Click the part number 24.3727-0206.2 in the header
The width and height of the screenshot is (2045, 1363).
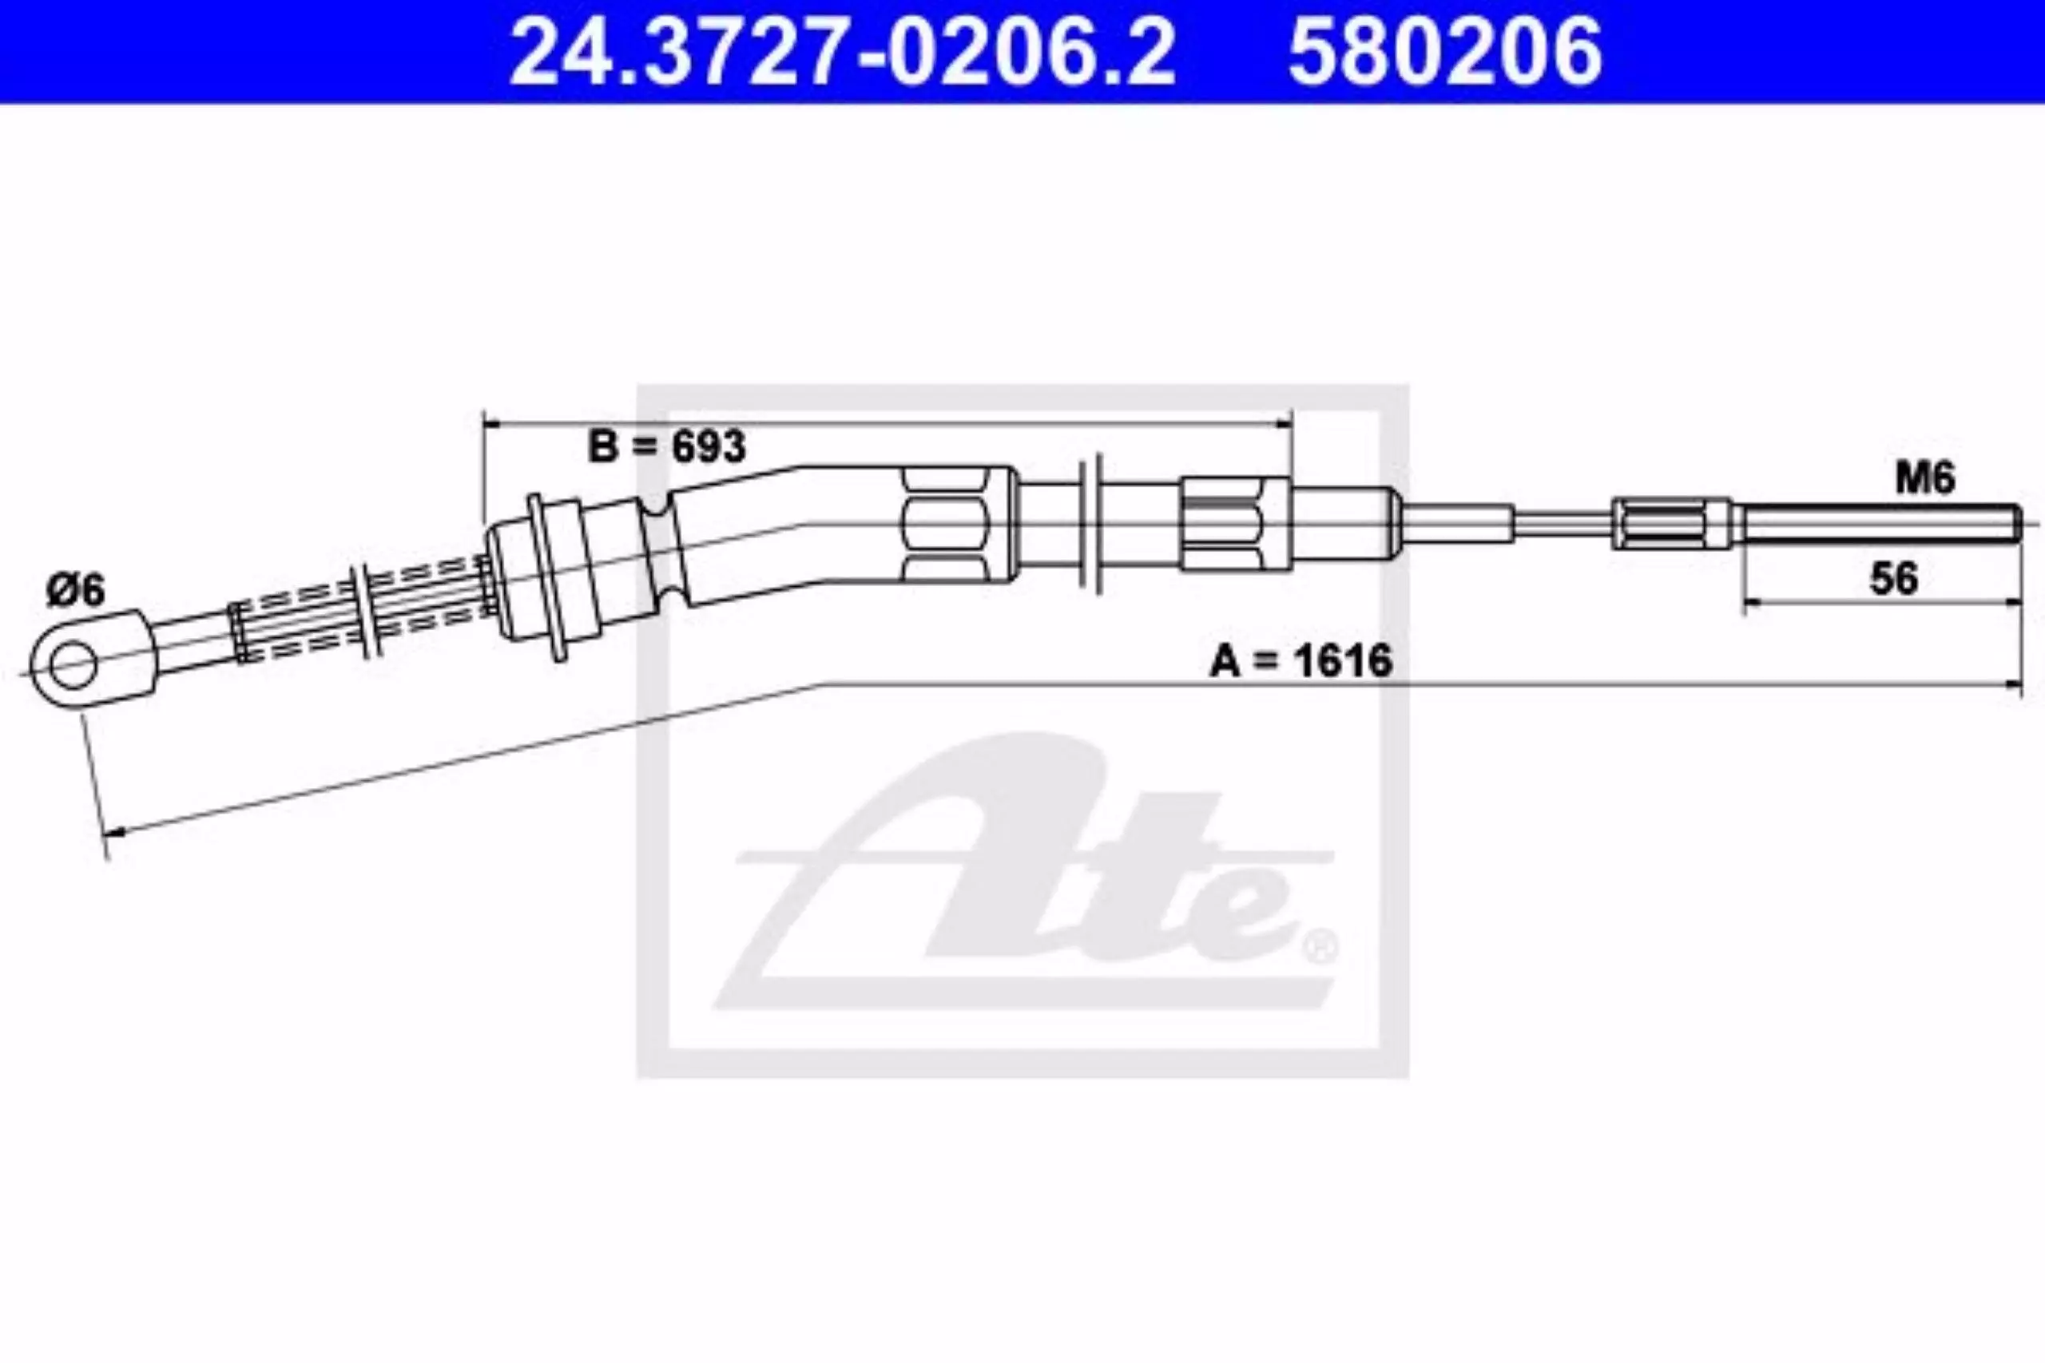842,51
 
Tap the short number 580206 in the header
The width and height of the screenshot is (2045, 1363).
1445,51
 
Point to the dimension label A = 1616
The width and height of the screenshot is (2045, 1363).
1300,660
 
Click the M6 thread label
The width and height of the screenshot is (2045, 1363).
1925,478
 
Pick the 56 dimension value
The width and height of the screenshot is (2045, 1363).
1894,578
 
